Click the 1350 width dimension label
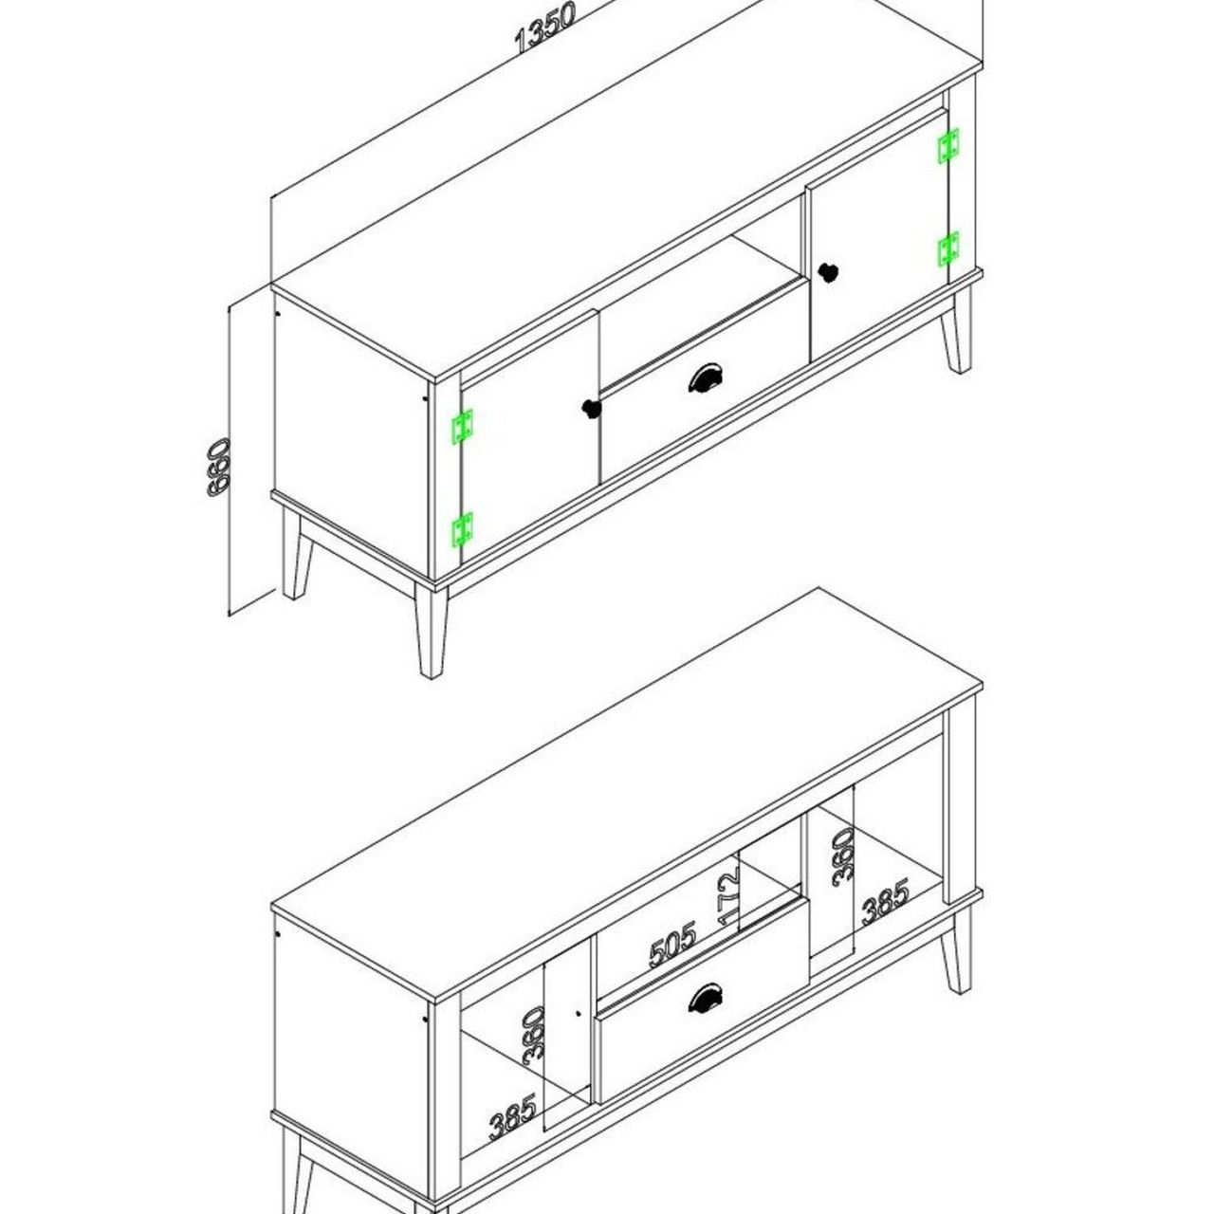coord(545,28)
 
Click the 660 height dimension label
coord(219,467)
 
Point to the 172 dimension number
coord(728,897)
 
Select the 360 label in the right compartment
coord(843,856)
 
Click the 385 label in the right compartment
coord(886,902)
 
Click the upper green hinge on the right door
coord(948,145)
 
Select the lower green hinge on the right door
coord(948,248)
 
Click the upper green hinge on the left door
coord(462,427)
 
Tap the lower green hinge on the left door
coord(462,528)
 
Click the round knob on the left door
coord(591,409)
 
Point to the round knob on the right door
coord(828,273)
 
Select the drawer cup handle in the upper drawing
coord(706,379)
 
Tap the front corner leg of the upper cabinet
coord(432,630)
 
